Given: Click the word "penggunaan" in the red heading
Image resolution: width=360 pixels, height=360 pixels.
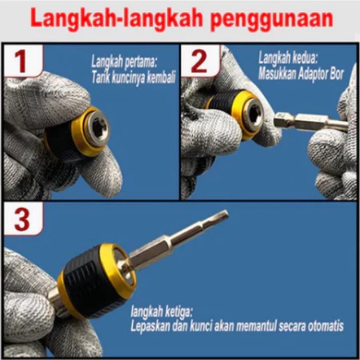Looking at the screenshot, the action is pos(272,19).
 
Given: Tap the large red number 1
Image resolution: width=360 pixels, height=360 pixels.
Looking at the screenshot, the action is pos(21,62).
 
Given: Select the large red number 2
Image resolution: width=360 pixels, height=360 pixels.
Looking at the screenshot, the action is pos(199,62).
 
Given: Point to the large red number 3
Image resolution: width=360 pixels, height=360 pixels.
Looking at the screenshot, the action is pos(22,220).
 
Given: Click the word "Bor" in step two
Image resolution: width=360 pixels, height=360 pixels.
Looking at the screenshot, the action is pos(337,74).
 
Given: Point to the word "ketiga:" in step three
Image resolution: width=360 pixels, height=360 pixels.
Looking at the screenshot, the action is pos(178,312).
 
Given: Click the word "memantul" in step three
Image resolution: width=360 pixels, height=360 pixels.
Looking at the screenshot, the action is pos(256,326).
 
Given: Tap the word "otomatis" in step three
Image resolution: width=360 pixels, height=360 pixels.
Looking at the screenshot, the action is pos(326,326).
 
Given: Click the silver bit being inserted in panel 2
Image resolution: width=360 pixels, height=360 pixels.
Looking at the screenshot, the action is pos(311,122).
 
